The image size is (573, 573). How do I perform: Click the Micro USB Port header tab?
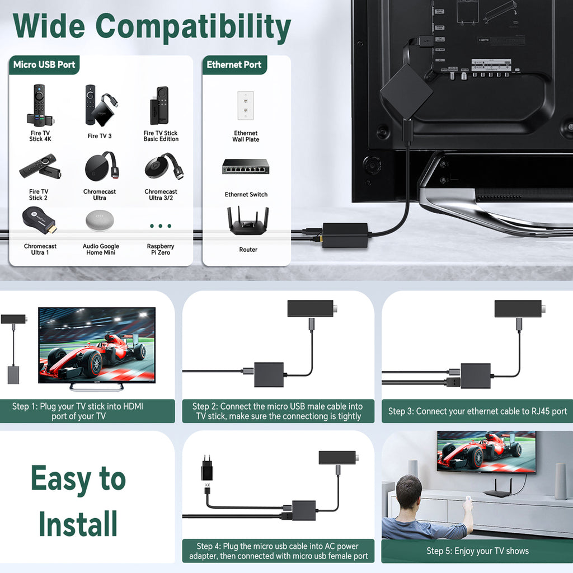tap(44, 65)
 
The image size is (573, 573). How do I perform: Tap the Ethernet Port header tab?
tap(234, 65)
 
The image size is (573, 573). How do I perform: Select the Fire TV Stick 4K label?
tap(40, 136)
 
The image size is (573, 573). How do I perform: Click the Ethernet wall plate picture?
tap(246, 106)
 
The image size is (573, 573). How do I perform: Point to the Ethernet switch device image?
tap(246, 167)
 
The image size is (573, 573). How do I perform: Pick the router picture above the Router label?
tap(248, 220)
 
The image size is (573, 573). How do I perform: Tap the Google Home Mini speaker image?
tap(100, 220)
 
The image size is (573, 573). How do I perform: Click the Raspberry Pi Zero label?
tap(161, 249)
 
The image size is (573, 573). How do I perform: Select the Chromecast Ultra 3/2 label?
tap(161, 194)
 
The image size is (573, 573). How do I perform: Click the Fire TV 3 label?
tap(100, 136)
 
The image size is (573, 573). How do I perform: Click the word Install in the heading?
tap(78, 524)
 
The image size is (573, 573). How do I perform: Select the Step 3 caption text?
tap(478, 411)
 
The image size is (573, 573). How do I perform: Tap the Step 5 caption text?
tap(478, 551)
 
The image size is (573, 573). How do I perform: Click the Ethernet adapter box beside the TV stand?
tap(345, 235)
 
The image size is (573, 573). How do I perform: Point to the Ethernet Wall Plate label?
tap(246, 137)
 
